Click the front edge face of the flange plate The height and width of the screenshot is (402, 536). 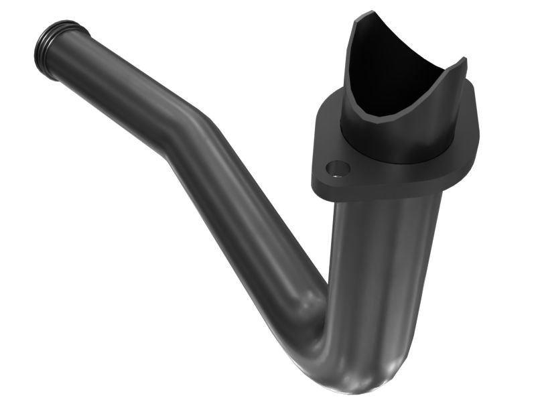(389, 194)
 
